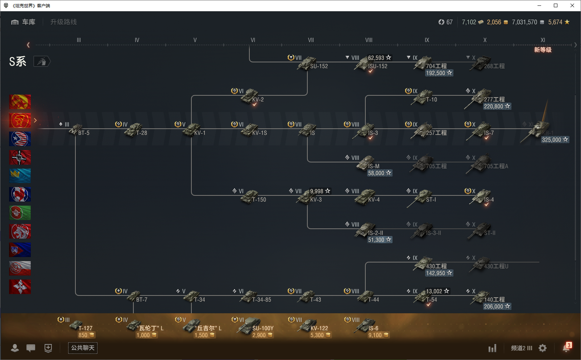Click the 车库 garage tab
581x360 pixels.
pyautogui.click(x=24, y=22)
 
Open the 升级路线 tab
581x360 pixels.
pyautogui.click(x=63, y=22)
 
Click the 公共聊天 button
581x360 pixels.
pyautogui.click(x=83, y=348)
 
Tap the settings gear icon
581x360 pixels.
pyautogui.click(x=543, y=348)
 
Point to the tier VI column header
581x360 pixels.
pyautogui.click(x=253, y=40)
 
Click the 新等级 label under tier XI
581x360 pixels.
pyautogui.click(x=543, y=50)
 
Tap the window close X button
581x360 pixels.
pyautogui.click(x=572, y=5)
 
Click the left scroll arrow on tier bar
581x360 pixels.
pyautogui.click(x=28, y=45)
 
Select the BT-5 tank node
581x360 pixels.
pyautogui.click(x=78, y=130)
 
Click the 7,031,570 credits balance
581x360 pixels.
pyautogui.click(x=524, y=22)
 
